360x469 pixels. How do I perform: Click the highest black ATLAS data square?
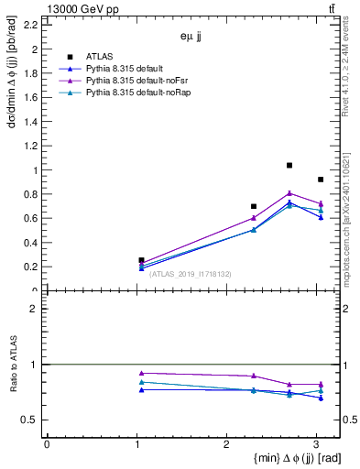[289, 166]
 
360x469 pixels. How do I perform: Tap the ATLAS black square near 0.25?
[141, 260]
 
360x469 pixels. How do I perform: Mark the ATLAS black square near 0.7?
[254, 206]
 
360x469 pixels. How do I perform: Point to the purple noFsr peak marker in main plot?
[289, 193]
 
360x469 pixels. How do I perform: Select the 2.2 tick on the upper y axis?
[32, 26]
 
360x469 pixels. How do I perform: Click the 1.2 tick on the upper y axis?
[32, 147]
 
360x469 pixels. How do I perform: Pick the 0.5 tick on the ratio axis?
[32, 420]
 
